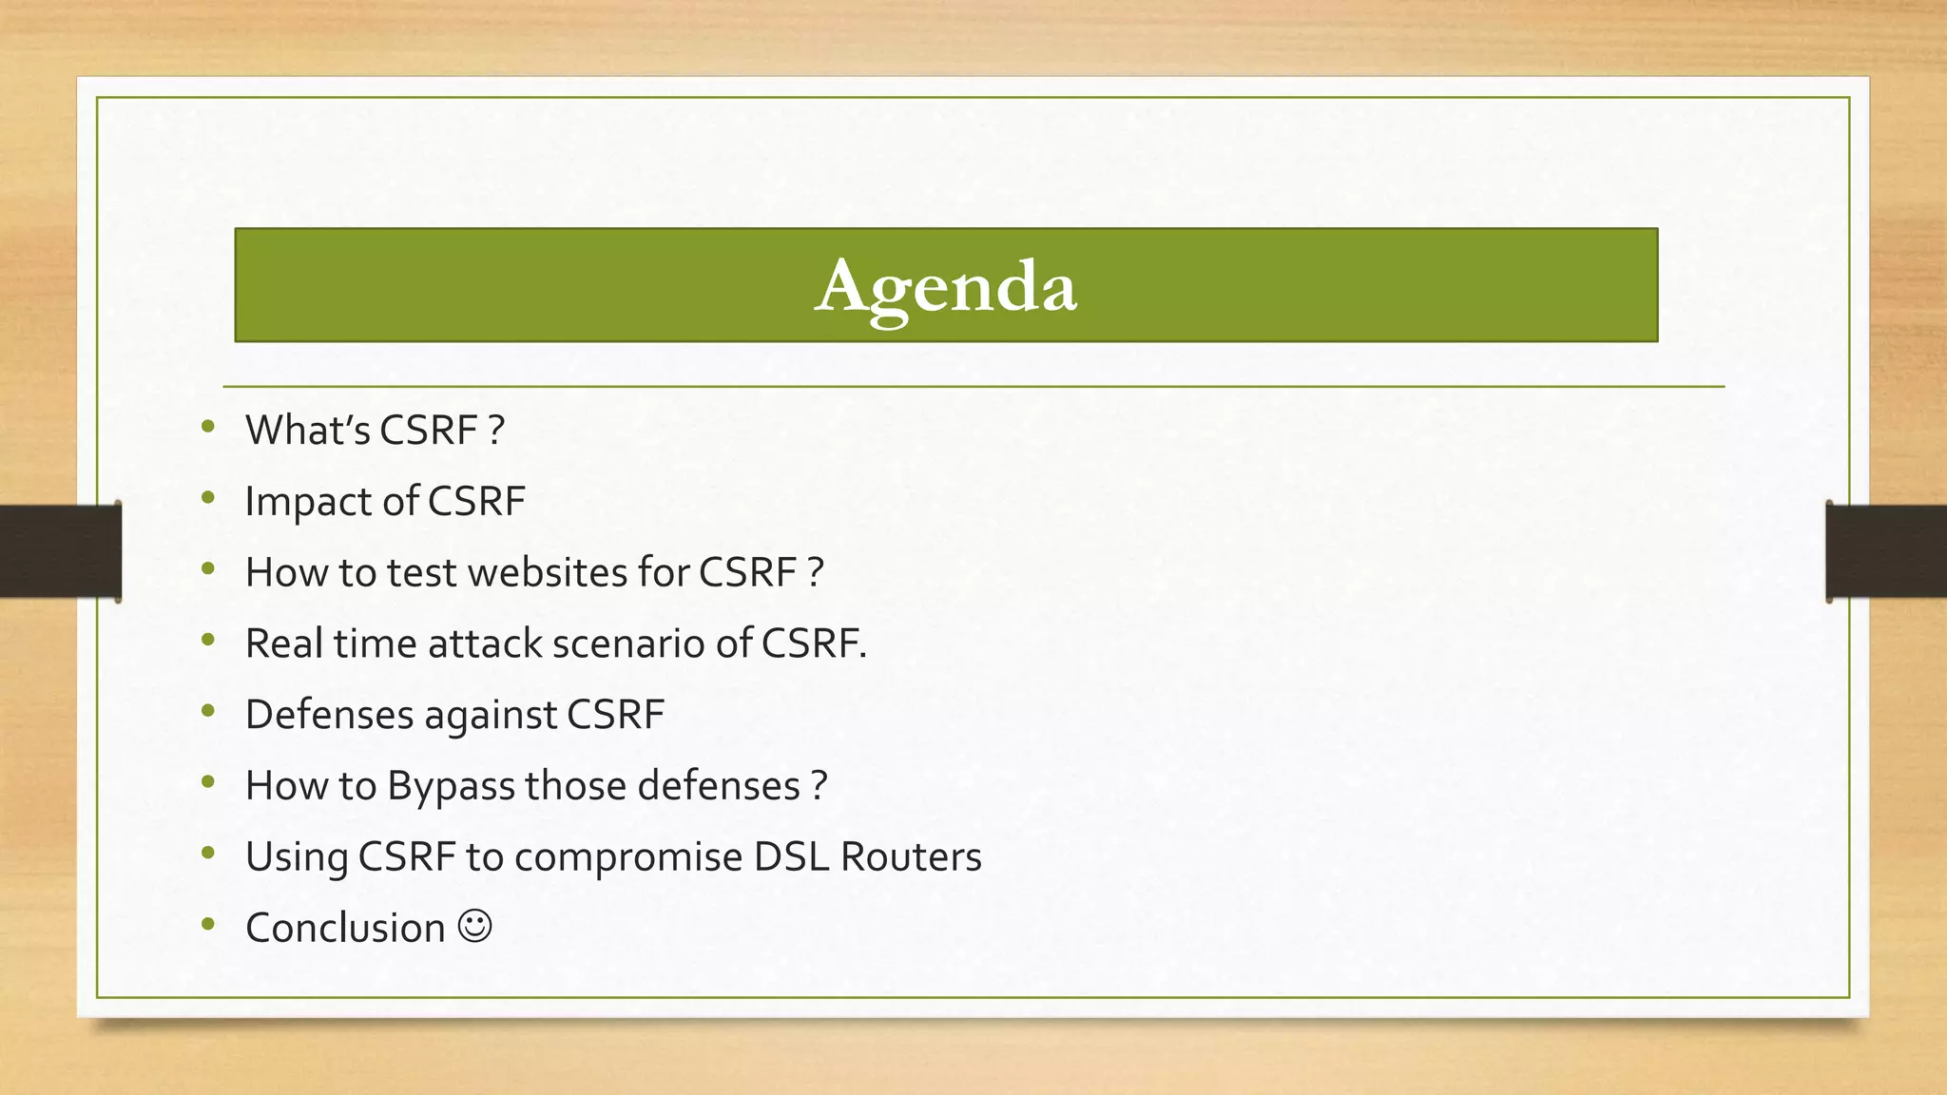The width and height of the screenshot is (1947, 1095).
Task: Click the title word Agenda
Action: pos(946,286)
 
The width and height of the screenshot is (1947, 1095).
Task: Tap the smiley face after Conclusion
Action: pos(475,926)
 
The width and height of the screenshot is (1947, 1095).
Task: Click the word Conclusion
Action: pos(345,929)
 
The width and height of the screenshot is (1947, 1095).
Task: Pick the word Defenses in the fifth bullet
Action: pos(329,715)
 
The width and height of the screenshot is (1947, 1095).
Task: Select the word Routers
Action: pos(911,857)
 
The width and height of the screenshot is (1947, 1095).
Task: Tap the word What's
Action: pos(307,431)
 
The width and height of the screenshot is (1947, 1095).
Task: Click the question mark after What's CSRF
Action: pos(496,431)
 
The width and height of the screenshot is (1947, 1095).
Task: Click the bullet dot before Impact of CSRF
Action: pos(208,498)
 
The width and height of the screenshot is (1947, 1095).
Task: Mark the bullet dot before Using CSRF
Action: pos(208,854)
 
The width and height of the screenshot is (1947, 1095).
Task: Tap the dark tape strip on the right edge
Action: pos(1886,551)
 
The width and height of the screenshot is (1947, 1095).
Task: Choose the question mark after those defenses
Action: pos(819,786)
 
